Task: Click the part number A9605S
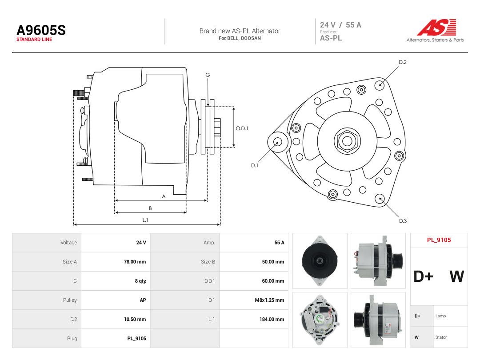(x=41, y=30)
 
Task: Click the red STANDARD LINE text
(x=34, y=40)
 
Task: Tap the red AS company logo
(x=436, y=27)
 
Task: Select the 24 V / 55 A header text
(x=340, y=25)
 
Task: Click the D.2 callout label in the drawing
(x=403, y=62)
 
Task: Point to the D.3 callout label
(x=403, y=221)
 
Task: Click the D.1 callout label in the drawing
(x=255, y=165)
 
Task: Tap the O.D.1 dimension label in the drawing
(x=242, y=128)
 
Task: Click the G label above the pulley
(x=208, y=75)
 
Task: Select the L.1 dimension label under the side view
(x=145, y=220)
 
